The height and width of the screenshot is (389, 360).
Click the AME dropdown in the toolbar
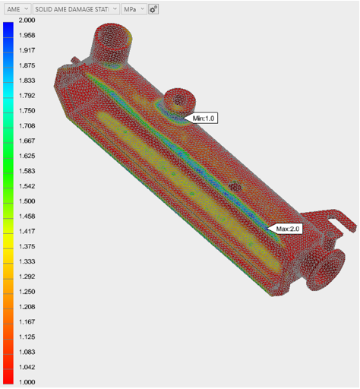pyautogui.click(x=17, y=9)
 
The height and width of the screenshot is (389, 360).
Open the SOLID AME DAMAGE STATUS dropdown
pyautogui.click(x=76, y=9)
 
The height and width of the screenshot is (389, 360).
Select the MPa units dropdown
pyautogui.click(x=134, y=9)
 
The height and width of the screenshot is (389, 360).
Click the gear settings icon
pyautogui.click(x=153, y=9)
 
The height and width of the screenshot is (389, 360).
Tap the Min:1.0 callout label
pyautogui.click(x=204, y=119)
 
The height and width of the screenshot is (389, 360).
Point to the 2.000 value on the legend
pyautogui.click(x=27, y=21)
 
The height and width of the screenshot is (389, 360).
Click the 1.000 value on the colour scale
pyautogui.click(x=27, y=382)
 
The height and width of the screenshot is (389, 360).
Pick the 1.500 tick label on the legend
pyautogui.click(x=27, y=201)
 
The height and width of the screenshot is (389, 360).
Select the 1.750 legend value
pyautogui.click(x=27, y=111)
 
